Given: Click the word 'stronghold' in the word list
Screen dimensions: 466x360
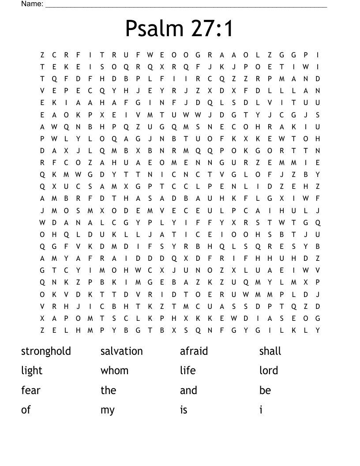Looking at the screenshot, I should (46, 351).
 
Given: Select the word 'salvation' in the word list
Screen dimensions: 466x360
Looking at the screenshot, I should (122, 351).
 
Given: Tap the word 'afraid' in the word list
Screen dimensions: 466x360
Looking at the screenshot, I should (194, 351).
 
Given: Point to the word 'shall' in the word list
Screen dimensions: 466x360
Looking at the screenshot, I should (270, 351).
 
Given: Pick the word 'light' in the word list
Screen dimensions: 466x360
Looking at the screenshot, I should (32, 371).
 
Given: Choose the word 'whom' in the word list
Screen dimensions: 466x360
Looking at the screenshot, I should (114, 371).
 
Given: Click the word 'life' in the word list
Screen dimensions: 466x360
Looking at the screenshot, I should (187, 371).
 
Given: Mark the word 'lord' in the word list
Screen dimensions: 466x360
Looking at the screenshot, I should (269, 371).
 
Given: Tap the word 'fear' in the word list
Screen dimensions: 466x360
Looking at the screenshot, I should (30, 391).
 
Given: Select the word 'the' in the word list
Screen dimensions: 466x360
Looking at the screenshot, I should (108, 391).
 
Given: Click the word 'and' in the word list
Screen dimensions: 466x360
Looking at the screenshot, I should (188, 391).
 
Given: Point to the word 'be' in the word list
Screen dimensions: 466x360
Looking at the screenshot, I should (265, 391).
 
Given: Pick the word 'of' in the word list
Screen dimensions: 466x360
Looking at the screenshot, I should (26, 410).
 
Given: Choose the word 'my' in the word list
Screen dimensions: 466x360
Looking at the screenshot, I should (107, 410).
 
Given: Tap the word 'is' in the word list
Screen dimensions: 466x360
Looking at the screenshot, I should (184, 410).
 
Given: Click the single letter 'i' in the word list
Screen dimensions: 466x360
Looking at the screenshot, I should (261, 410).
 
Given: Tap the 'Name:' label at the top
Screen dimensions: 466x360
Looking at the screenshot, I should (32, 4).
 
